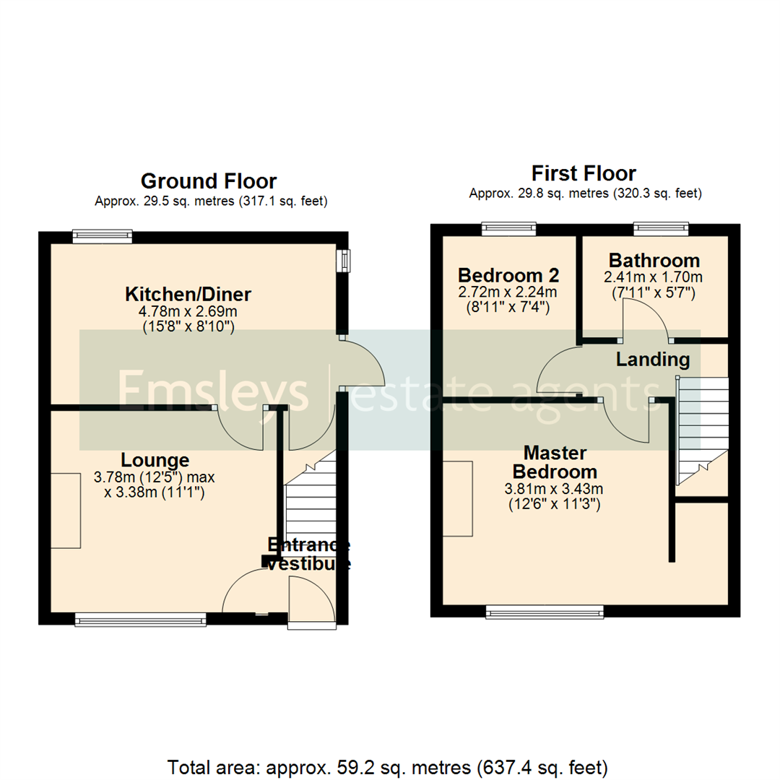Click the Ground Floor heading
coord(209,181)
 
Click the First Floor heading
coord(584,173)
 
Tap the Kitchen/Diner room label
coord(188,295)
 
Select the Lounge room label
coord(155,460)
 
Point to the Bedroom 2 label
coord(509,275)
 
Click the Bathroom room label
coord(654,260)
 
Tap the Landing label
coord(652,359)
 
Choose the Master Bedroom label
coord(555,462)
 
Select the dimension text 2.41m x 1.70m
coord(654,277)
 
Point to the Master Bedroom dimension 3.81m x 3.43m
coord(555,489)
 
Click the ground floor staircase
coord(311,506)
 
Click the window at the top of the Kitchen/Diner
coord(103,235)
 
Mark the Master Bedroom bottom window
coord(545,612)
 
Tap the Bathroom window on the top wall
coord(661,228)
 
